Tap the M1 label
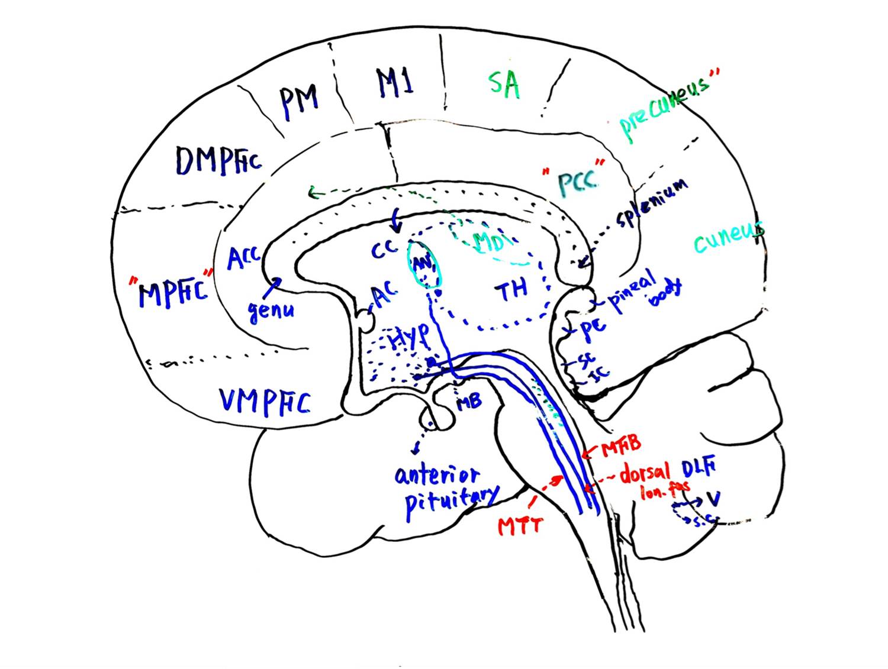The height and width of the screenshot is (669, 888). point(395,83)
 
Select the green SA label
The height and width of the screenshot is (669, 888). point(504,84)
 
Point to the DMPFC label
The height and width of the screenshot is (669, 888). point(218,160)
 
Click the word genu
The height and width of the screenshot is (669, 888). point(271,310)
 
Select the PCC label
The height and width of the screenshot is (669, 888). point(575,182)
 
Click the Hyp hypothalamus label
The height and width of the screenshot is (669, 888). point(408,337)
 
